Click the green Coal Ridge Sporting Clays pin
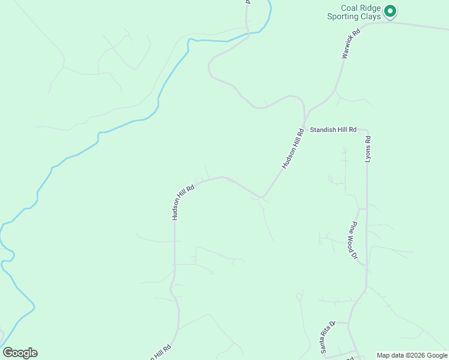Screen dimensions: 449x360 pos(390,11)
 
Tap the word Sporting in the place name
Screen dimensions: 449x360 pos(345,17)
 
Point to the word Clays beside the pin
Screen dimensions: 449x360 pos(371,17)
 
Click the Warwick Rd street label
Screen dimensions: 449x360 pos(350,45)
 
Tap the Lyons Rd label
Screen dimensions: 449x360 pos(369,148)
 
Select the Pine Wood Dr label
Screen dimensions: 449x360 pos(354,240)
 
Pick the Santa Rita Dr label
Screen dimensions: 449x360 pos(326,337)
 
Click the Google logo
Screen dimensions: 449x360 pos(20,353)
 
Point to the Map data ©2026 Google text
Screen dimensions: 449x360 pos(412,355)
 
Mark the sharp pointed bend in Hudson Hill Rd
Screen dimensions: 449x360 pos(261,197)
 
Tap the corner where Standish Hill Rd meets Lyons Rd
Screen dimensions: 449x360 pos(366,131)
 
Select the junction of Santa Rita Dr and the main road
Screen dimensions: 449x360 pos(349,323)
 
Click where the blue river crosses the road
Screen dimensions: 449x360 pos(247,35)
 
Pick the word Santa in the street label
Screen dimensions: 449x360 pos(322,345)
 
